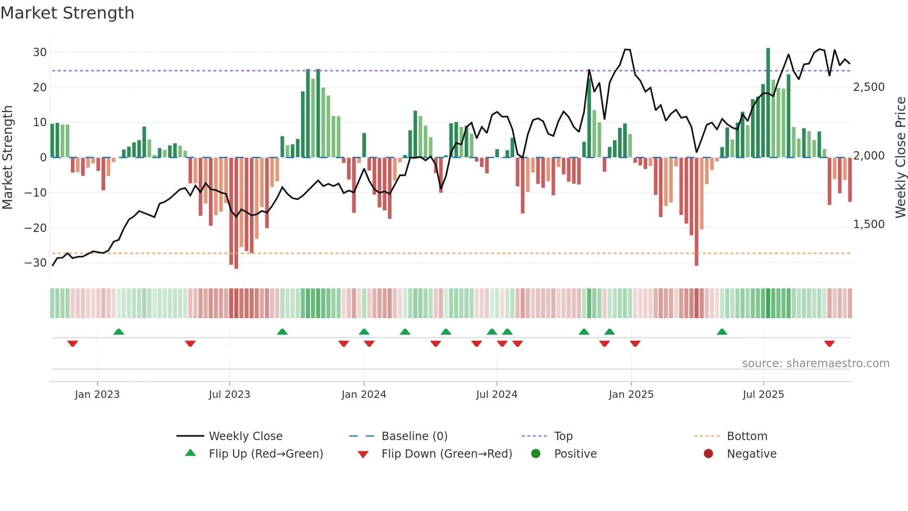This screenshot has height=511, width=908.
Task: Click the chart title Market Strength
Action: pyautogui.click(x=67, y=13)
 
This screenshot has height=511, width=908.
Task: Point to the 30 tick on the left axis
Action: pyautogui.click(x=40, y=52)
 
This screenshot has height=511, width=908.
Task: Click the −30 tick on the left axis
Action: pyautogui.click(x=36, y=263)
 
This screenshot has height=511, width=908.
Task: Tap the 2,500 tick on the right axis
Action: pyautogui.click(x=869, y=87)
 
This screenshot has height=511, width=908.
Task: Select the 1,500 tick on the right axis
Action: pyautogui.click(x=869, y=224)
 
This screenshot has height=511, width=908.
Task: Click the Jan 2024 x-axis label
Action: pyautogui.click(x=364, y=395)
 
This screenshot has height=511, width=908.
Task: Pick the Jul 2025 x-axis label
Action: pyautogui.click(x=763, y=395)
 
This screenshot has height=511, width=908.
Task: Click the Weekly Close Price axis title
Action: pyautogui.click(x=900, y=158)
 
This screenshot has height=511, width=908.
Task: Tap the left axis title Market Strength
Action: pyautogui.click(x=7, y=158)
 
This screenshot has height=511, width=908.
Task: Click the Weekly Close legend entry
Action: pyautogui.click(x=245, y=436)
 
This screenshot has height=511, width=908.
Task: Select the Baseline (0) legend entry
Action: pyautogui.click(x=414, y=436)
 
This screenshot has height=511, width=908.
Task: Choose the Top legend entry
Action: pyautogui.click(x=563, y=436)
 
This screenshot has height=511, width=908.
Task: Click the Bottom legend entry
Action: pyautogui.click(x=747, y=436)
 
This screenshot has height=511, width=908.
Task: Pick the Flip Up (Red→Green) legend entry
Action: pyautogui.click(x=265, y=454)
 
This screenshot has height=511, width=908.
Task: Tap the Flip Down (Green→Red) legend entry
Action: pyautogui.click(x=447, y=454)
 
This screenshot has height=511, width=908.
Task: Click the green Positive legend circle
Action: pyautogui.click(x=536, y=454)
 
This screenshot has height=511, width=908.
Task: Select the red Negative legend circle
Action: pyautogui.click(x=708, y=454)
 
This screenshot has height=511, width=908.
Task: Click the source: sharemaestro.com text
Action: pyautogui.click(x=815, y=364)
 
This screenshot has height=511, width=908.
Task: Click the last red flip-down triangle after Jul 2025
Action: pyautogui.click(x=829, y=344)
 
